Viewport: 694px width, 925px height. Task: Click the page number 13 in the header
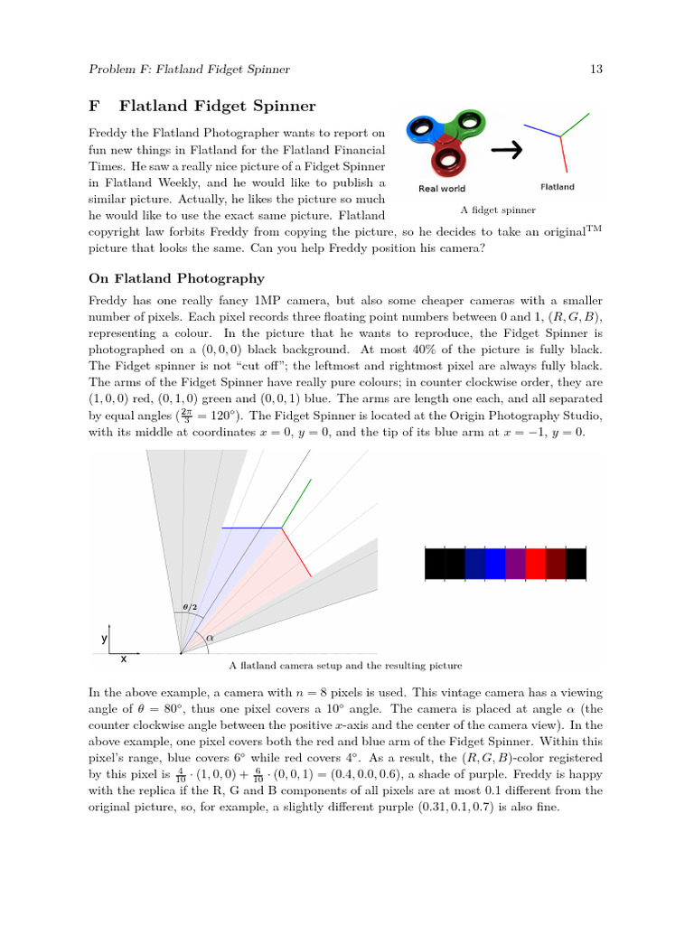coord(596,70)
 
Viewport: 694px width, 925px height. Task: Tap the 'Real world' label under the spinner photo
coord(442,189)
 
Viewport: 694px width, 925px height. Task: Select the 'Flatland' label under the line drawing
coord(557,187)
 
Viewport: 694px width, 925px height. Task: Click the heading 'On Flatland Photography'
coord(176,278)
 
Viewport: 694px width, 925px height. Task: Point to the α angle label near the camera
coord(210,637)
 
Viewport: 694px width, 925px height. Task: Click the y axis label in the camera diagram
coord(104,638)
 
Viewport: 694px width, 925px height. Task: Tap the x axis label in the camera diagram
coord(123,659)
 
